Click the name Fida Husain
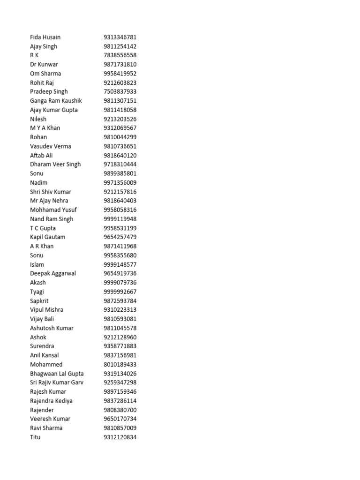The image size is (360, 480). pos(45,37)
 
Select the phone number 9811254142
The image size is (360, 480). pos(120,46)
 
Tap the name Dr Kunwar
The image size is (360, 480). pos(44,64)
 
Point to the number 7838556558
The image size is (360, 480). pos(120,55)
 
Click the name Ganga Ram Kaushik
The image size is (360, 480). pos(56,101)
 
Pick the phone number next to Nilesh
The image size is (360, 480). pos(120,119)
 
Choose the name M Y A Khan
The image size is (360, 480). pos(45,128)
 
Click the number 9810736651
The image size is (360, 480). pos(120,146)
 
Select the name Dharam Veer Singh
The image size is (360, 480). pos(55,164)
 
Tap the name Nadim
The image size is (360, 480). pos(38,182)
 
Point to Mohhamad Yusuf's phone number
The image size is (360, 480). pos(120,210)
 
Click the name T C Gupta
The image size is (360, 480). pos(43,228)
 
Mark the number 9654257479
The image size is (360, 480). pos(120,237)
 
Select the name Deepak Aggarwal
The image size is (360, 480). pos(53,273)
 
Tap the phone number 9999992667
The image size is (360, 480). pos(120,292)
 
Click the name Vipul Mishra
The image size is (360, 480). pos(46,310)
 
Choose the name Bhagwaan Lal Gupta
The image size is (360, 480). pos(57,374)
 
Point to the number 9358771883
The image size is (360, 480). pos(120,346)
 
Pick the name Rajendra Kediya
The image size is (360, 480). pos(51,401)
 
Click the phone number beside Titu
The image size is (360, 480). pos(120,437)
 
